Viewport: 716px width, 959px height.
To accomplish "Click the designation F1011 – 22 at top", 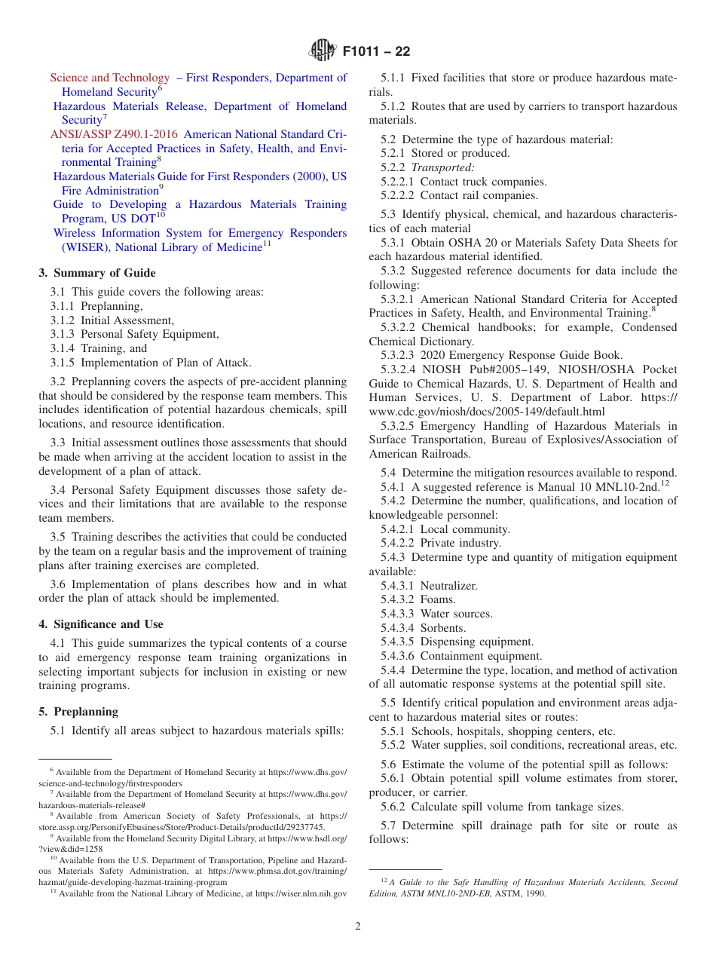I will click(x=376, y=52).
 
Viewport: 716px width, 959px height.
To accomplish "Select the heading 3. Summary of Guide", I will click(x=97, y=273).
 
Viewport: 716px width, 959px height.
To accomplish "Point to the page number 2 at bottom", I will click(x=358, y=927).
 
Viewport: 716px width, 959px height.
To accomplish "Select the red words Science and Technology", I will click(x=110, y=78).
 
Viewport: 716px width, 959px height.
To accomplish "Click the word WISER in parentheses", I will click(x=76, y=247).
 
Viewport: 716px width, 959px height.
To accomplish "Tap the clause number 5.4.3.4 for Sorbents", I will click(x=397, y=628).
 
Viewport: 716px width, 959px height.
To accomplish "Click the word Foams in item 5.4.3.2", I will click(x=438, y=600).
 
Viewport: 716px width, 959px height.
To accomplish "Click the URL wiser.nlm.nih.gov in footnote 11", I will click(x=301, y=893).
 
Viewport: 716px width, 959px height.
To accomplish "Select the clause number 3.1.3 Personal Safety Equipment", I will click(x=63, y=334).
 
